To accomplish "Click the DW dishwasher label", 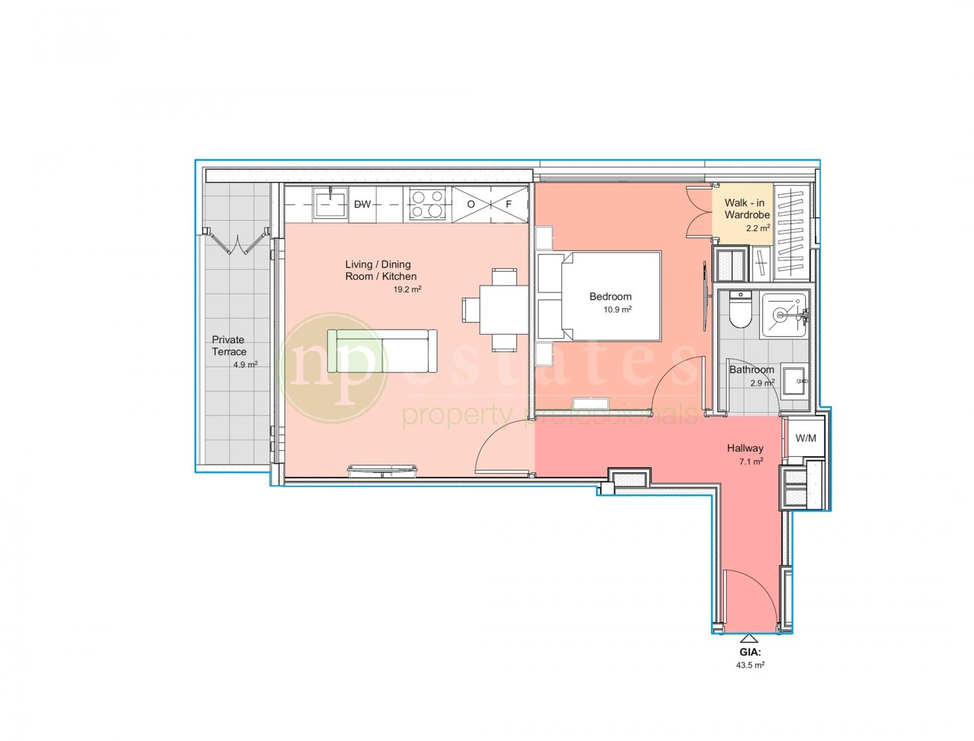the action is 362,204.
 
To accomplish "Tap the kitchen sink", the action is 330,203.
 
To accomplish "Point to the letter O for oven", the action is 471,204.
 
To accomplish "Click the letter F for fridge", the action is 508,204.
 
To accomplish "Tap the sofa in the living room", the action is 382,351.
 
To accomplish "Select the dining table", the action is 504,310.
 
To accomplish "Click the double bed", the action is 599,297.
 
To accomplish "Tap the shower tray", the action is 784,315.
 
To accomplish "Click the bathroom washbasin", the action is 793,380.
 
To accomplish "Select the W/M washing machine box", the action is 805,438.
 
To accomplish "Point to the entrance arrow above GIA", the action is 749,638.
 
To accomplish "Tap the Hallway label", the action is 745,448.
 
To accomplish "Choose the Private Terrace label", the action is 229,345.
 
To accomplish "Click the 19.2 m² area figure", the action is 407,289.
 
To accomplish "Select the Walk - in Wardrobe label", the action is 747,208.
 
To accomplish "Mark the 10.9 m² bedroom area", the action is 618,310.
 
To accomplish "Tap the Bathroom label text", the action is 751,370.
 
